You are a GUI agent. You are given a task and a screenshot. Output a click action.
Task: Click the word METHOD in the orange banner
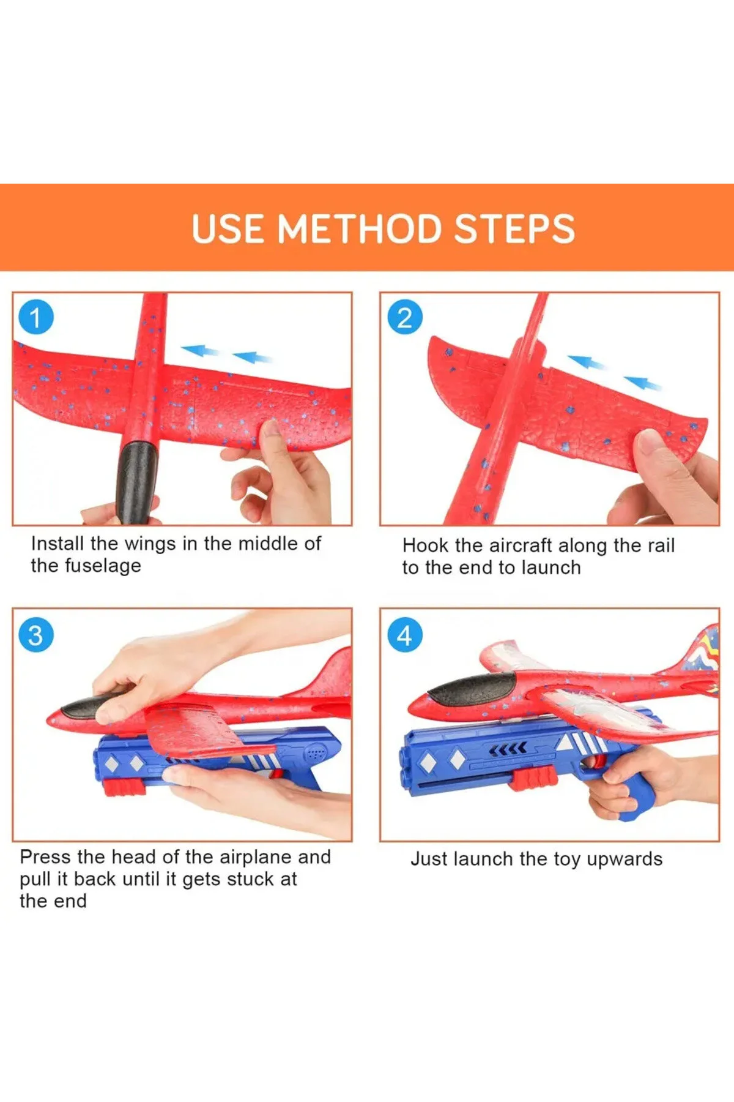point(360,228)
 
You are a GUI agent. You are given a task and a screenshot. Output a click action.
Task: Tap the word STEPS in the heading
point(514,228)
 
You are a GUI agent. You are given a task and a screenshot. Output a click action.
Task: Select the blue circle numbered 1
point(36,318)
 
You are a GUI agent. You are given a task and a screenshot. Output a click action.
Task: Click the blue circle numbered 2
point(405,318)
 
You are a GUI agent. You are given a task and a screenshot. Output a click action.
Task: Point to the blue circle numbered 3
point(36,635)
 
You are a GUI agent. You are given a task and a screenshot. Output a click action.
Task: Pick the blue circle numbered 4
point(405,635)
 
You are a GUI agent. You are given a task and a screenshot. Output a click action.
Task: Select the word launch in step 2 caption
point(549,568)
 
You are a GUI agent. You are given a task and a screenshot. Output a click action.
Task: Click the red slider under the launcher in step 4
point(534,779)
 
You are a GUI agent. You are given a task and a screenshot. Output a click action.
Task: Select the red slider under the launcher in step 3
point(125,787)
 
